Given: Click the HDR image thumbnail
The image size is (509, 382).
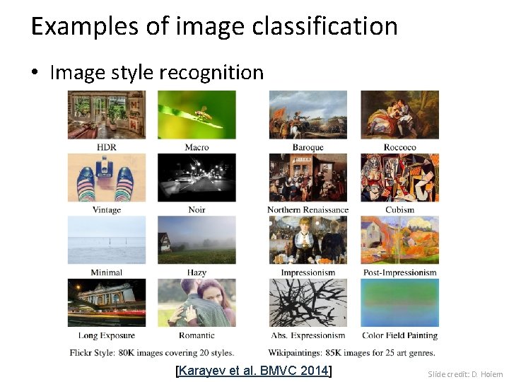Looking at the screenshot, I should [x=107, y=115].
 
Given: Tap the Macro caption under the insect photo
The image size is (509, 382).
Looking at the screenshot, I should [x=197, y=147].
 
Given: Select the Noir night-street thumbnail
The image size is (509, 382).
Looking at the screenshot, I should [x=197, y=178].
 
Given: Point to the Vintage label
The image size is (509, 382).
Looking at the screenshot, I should [x=107, y=209].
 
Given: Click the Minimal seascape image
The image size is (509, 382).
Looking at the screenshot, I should [x=107, y=240].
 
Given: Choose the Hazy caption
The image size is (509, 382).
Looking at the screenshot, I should [x=197, y=272].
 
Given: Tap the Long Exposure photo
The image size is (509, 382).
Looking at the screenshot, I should [x=107, y=303].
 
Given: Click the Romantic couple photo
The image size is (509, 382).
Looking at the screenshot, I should [x=197, y=303].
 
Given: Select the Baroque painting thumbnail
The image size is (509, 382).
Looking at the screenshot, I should [x=308, y=115].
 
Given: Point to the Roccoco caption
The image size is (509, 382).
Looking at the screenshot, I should [x=399, y=147].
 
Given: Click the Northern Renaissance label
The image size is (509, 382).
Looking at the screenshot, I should [x=308, y=209].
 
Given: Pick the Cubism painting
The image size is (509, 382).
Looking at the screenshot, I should [x=399, y=178].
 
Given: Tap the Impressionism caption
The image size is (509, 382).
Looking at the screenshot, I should [x=308, y=272].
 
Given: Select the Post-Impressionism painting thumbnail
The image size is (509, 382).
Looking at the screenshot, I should [x=399, y=240].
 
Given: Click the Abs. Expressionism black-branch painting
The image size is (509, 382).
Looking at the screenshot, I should [x=308, y=303].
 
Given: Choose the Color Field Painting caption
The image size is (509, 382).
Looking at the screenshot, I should [x=399, y=335].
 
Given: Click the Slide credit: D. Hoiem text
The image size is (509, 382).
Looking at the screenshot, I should [x=465, y=374].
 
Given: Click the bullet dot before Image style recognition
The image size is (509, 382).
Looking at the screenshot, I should [x=36, y=73].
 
